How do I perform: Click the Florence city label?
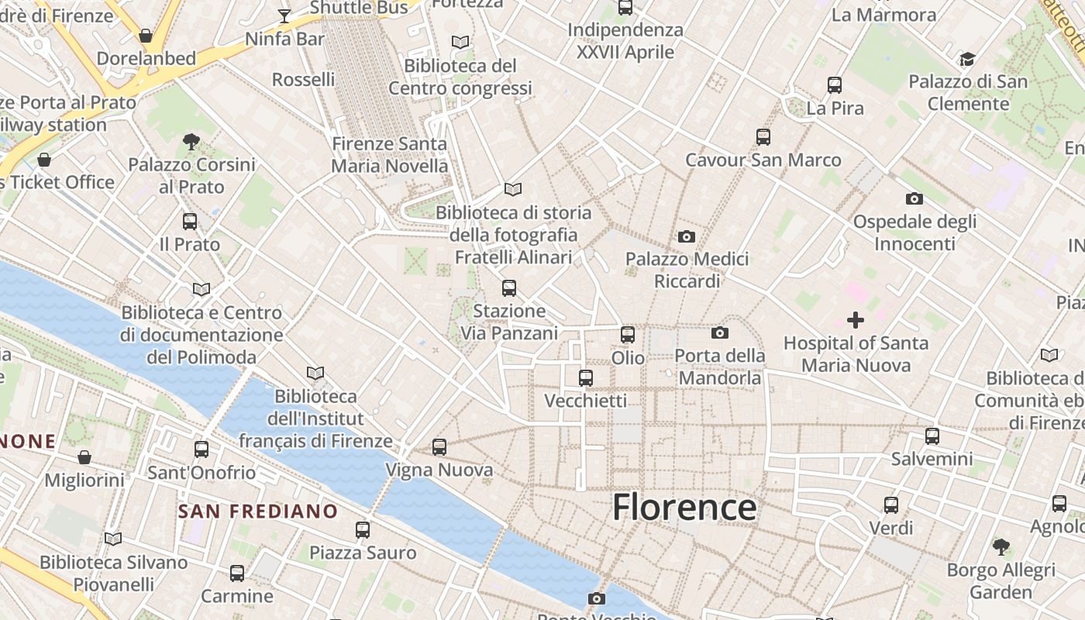[x=684, y=508]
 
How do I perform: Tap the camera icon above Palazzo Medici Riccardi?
[x=686, y=236]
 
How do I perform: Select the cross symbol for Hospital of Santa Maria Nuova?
[x=856, y=319]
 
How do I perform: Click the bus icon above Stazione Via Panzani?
[x=509, y=288]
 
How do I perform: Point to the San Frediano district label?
[x=258, y=511]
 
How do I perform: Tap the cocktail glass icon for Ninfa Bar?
[x=284, y=15]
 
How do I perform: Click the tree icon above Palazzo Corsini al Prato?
[x=191, y=142]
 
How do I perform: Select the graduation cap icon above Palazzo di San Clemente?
[x=967, y=59]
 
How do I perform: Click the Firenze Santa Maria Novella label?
[x=389, y=155]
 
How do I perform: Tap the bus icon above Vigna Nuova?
[x=439, y=447]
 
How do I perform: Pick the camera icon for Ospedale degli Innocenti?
[x=914, y=198]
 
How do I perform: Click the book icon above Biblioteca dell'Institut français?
[x=315, y=374]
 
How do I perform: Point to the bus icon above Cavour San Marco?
[x=763, y=137]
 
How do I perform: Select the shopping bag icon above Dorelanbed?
[x=145, y=36]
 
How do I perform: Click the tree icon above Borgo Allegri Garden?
[x=1001, y=546]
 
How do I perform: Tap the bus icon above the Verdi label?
[x=891, y=505]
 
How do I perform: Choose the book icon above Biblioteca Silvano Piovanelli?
[x=113, y=539]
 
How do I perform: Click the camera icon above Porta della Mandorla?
[x=719, y=333]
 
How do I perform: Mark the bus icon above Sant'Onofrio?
[x=201, y=449]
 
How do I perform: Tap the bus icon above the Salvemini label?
[x=932, y=436]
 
